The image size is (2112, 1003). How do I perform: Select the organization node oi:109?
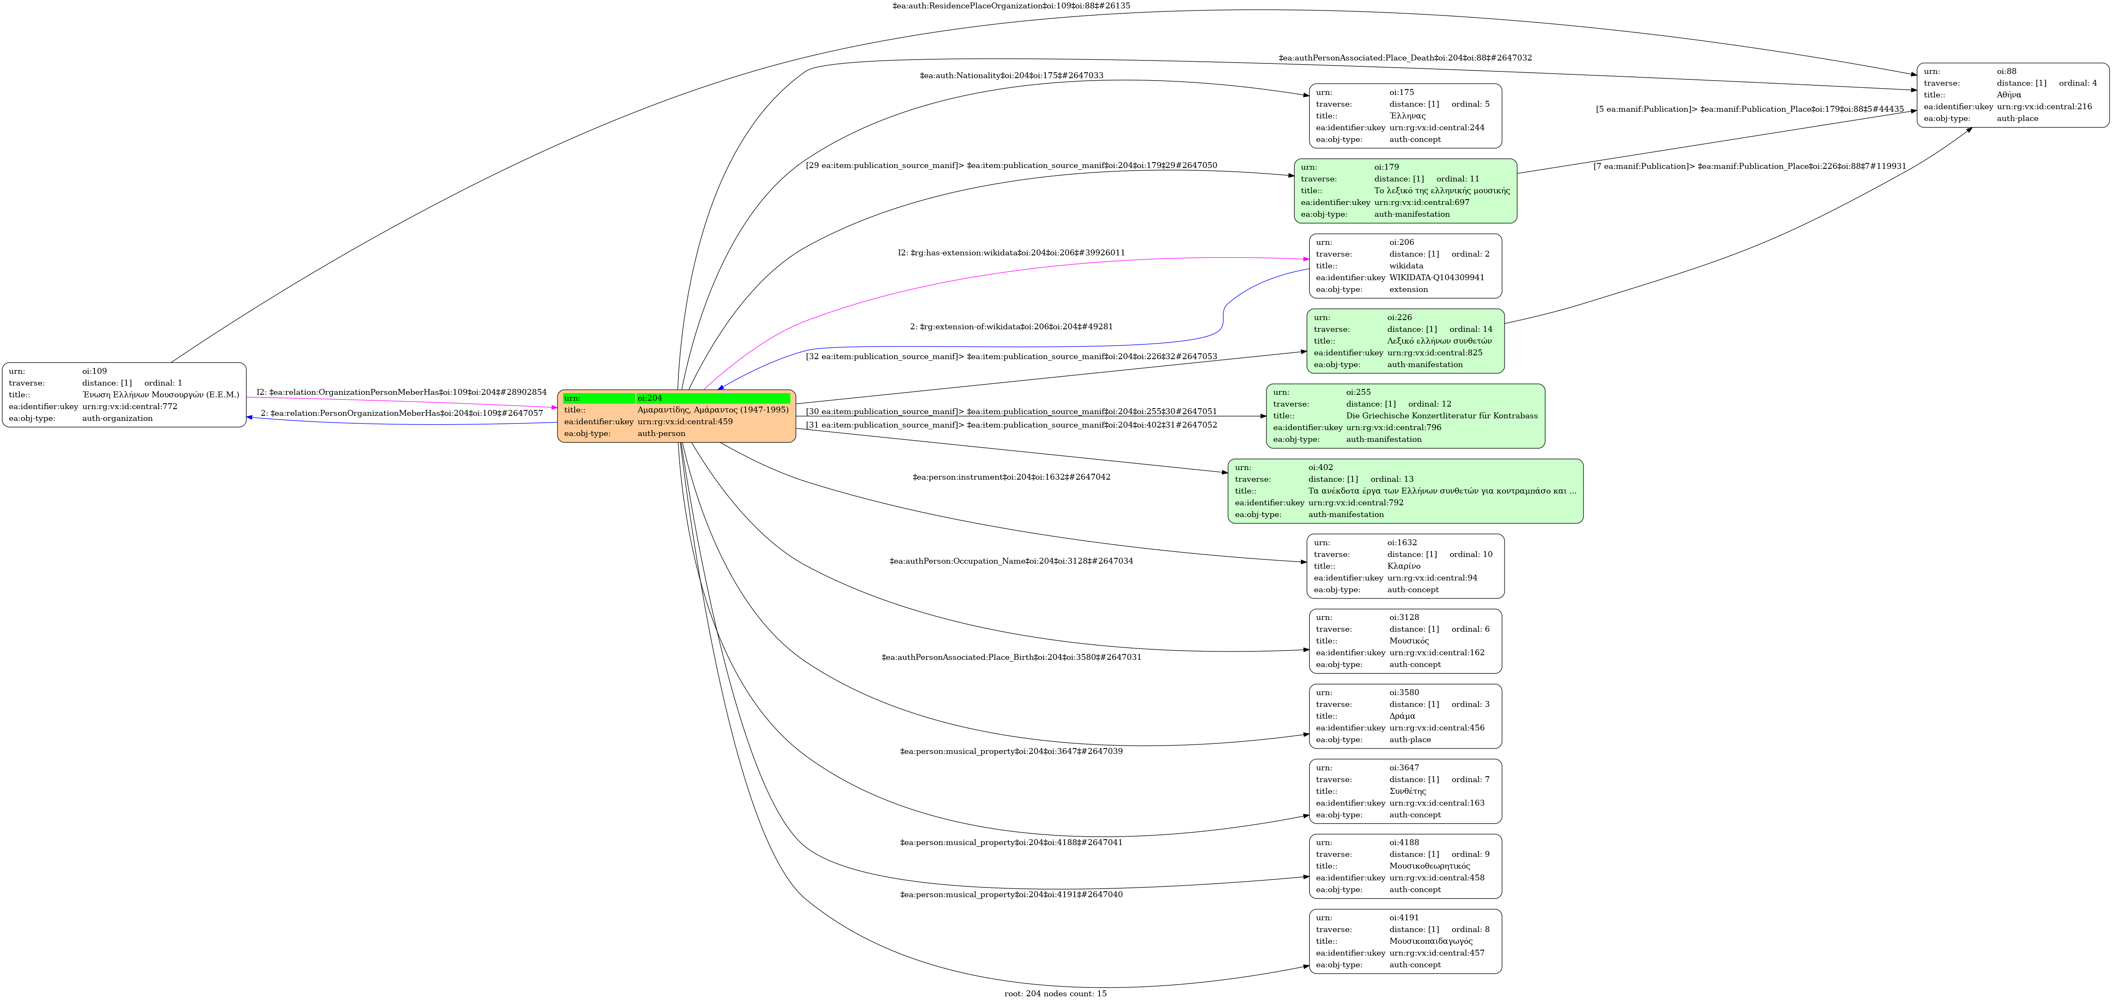tap(124, 394)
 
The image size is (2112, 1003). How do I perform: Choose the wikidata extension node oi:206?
tap(1405, 266)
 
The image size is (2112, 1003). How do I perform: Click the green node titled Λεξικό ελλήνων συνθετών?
tap(1405, 341)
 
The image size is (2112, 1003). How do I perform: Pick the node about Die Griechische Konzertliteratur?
tap(1405, 416)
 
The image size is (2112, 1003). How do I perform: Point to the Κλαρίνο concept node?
tap(1405, 566)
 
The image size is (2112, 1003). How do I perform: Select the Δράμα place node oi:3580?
tap(1405, 716)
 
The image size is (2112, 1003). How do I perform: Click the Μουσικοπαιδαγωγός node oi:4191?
tap(1405, 942)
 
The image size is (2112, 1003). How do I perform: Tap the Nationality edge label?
tap(1011, 76)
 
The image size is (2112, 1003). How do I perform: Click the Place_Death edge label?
tap(1405, 58)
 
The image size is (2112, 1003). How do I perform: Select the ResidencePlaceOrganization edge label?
tap(1011, 6)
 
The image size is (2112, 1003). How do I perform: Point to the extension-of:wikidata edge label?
tap(1011, 326)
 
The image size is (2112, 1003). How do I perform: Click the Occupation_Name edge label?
tap(1011, 561)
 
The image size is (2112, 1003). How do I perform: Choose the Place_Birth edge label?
tap(1011, 657)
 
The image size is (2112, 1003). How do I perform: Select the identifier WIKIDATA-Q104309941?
tap(1437, 277)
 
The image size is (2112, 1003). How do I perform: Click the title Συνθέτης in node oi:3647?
tap(1407, 791)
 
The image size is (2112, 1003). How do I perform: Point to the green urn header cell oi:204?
tap(712, 399)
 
